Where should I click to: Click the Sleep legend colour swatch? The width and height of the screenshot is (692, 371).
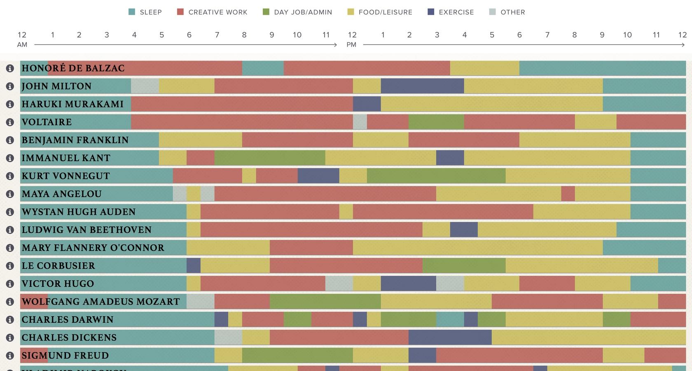pos(132,12)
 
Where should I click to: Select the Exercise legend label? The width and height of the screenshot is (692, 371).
pos(456,12)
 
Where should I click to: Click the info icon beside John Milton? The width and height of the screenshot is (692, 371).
pos(10,86)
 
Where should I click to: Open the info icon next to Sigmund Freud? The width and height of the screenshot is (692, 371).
pos(10,355)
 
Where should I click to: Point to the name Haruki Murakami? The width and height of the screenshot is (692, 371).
pos(72,104)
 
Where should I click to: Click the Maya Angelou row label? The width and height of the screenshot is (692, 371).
pos(61,194)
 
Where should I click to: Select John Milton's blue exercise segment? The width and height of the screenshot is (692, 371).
pos(422,86)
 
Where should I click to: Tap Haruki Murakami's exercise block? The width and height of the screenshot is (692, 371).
pos(367,104)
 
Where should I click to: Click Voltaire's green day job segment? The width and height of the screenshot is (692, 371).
pos(436,122)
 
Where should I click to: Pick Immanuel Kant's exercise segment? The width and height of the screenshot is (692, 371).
pos(450,158)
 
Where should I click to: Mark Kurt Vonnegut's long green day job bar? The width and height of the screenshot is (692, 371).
pos(436,176)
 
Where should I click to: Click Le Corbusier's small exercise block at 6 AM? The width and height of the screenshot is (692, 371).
pos(193,265)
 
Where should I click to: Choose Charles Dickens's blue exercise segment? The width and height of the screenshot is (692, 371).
pos(450,337)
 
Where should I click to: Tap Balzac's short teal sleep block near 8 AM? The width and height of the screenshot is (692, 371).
pos(263,68)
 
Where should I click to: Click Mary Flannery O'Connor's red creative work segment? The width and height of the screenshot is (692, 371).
pos(311,248)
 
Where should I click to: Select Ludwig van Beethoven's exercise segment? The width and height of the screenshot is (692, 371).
pos(464,230)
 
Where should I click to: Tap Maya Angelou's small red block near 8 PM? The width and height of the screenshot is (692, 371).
pos(568,194)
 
